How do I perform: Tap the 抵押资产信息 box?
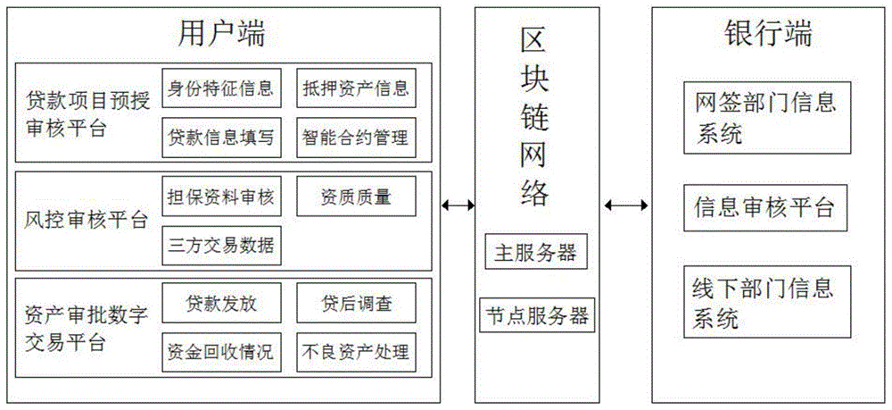click(x=356, y=88)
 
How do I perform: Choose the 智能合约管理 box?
click(x=356, y=138)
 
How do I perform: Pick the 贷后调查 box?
click(x=356, y=303)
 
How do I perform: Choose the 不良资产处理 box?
click(x=356, y=351)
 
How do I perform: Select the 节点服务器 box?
click(x=536, y=315)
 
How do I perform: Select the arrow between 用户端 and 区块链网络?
click(x=458, y=205)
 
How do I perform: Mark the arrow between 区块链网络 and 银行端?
click(x=627, y=205)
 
